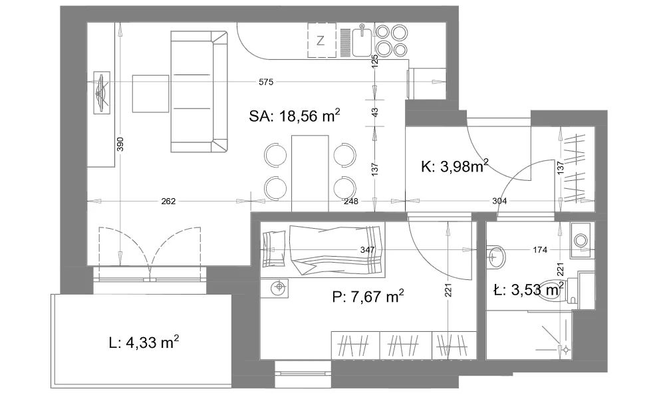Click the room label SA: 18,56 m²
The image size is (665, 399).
point(295,115)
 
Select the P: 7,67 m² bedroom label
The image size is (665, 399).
point(368,297)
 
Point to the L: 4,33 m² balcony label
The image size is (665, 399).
point(144,342)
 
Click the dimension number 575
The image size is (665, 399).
point(266,82)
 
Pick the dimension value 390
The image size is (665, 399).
point(120,144)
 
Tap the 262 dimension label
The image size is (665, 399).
point(168,201)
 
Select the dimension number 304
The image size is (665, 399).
point(499,201)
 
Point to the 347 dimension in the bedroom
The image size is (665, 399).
point(367,250)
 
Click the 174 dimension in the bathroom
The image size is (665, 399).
point(540,250)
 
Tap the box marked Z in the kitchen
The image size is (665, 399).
point(321,41)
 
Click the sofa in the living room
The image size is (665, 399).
point(199,91)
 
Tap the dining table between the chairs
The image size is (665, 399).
point(310,173)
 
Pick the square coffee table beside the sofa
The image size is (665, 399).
point(150,94)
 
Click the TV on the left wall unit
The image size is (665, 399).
point(101,92)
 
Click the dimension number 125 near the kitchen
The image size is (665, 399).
point(374,61)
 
